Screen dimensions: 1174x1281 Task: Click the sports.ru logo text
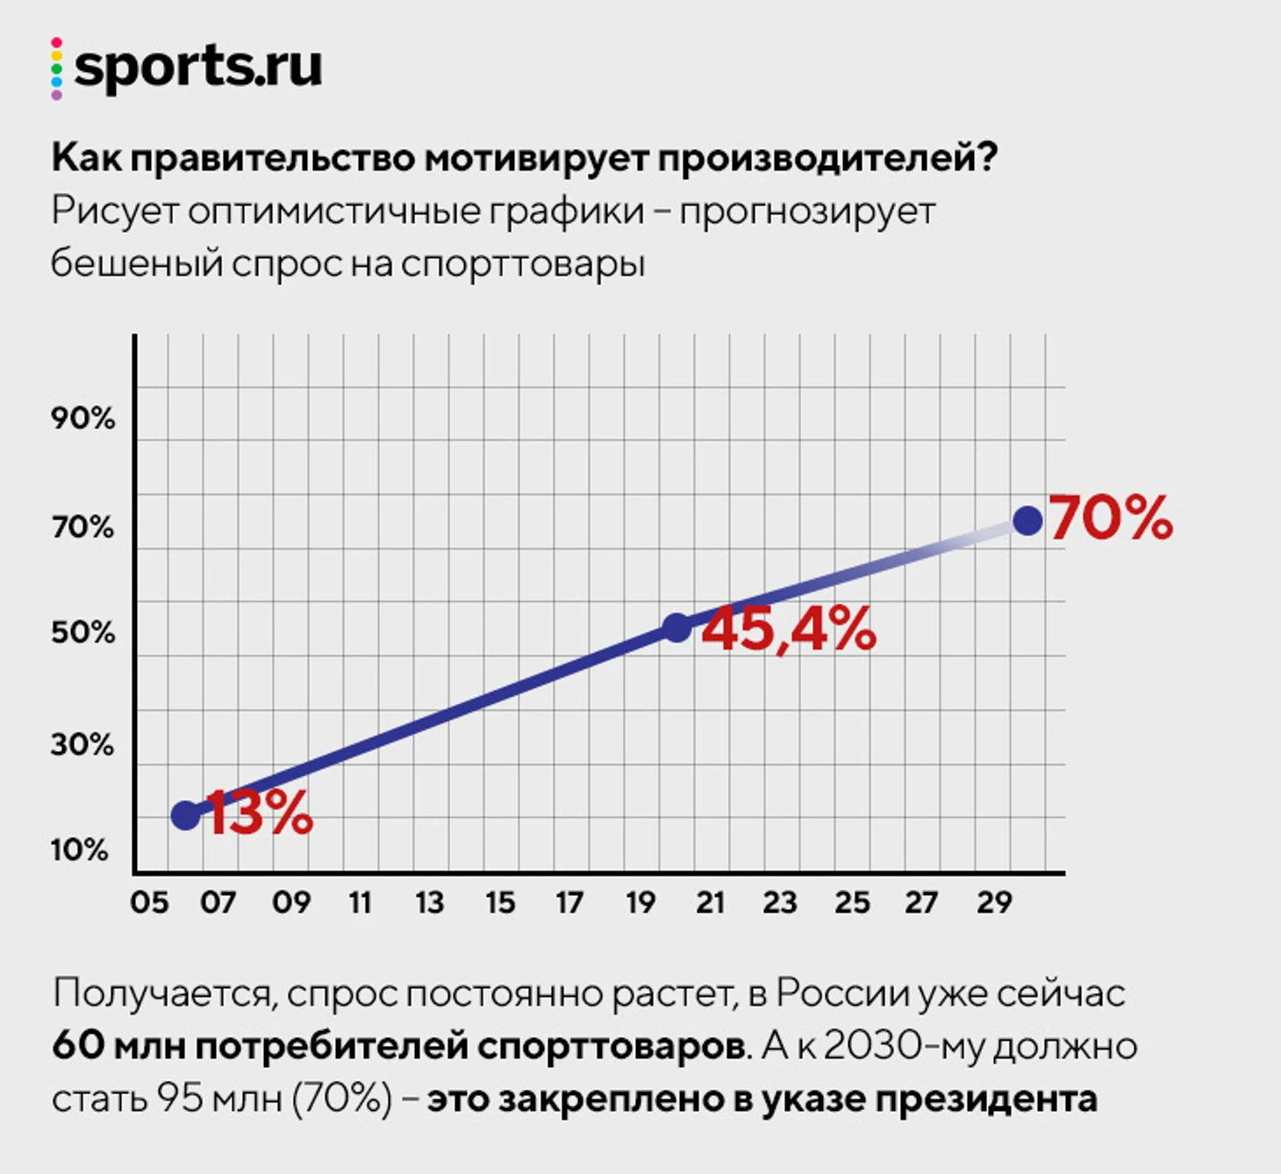click(198, 68)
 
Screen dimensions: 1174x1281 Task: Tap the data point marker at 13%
click(186, 815)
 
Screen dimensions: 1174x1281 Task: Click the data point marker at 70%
click(1027, 520)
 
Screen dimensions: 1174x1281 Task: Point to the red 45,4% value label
click(788, 629)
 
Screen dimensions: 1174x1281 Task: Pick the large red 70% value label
click(1111, 518)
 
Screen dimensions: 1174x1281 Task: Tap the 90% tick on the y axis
click(82, 419)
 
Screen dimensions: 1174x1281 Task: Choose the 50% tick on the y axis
click(82, 633)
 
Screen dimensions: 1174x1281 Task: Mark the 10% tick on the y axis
click(80, 849)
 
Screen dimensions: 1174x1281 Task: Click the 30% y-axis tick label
click(82, 745)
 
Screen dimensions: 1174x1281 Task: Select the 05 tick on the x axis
click(149, 903)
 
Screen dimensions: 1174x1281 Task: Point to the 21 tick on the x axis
click(710, 903)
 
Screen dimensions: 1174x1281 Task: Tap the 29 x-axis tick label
click(994, 903)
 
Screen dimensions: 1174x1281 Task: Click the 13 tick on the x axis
click(429, 903)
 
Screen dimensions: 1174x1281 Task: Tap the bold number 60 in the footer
click(76, 1046)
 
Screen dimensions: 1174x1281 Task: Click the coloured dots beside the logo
click(56, 68)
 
